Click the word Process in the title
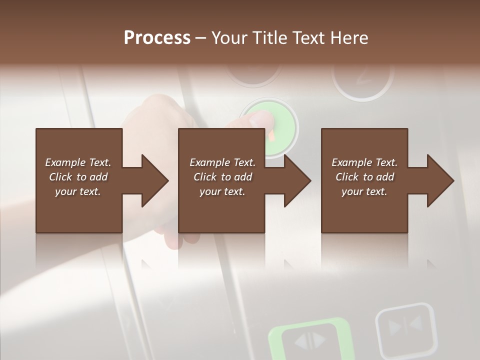[x=157, y=38]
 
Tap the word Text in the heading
[x=309, y=38]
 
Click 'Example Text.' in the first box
[x=78, y=162]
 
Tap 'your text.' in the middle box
[x=222, y=191]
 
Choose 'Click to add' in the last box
[x=364, y=177]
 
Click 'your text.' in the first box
[x=78, y=191]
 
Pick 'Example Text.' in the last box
[x=364, y=162]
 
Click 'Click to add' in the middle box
[x=222, y=177]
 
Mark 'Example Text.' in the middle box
[x=222, y=162]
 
